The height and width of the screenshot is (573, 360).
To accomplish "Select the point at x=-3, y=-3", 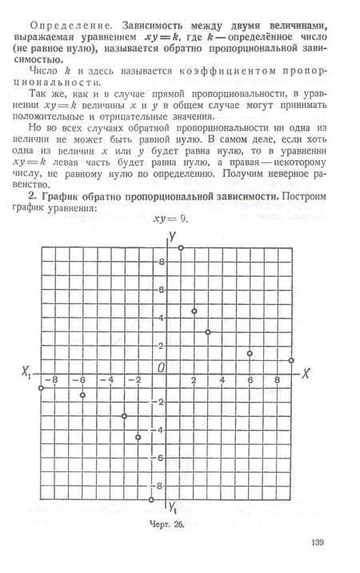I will tap(124, 415).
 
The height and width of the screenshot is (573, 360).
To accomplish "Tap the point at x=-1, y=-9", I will tap(152, 499).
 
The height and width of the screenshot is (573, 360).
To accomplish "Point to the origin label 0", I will tap(159, 366).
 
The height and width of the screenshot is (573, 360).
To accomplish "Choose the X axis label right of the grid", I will tap(306, 374).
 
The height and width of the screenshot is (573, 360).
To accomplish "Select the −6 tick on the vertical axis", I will tap(159, 458).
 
